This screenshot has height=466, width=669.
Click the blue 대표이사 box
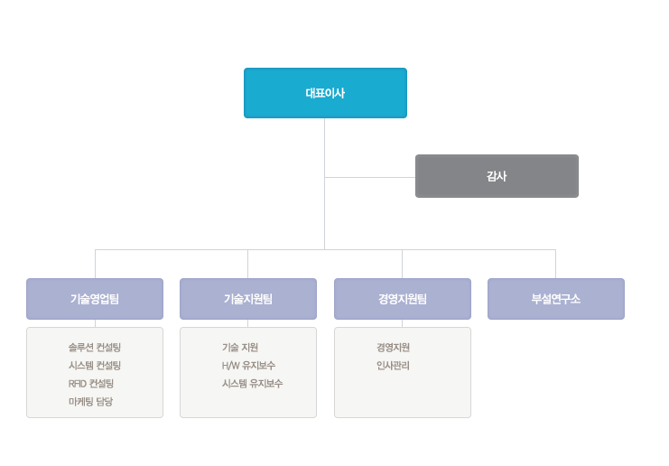(x=325, y=93)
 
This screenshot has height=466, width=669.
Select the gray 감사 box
(x=497, y=176)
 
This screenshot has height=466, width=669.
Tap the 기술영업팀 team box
(x=95, y=299)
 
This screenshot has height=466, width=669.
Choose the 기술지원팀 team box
(x=248, y=299)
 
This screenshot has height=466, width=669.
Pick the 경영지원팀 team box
(x=403, y=299)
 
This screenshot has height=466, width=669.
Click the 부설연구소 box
(x=556, y=299)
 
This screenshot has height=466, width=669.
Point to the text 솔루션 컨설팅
(x=95, y=348)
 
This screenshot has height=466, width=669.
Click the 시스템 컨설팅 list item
(x=95, y=365)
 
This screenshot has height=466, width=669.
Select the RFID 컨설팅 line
(x=91, y=383)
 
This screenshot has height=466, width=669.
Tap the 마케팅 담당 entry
(x=90, y=401)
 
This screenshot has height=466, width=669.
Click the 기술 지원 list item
(x=240, y=348)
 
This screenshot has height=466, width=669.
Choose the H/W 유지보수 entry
(x=248, y=365)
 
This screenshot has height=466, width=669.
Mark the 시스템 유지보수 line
(x=252, y=383)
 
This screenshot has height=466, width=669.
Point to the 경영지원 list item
(x=393, y=348)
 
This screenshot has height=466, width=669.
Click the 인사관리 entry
(x=393, y=365)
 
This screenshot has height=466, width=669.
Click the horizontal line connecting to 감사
(x=370, y=177)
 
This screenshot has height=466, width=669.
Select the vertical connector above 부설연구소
(x=555, y=264)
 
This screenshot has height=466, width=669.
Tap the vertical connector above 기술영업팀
(x=95, y=264)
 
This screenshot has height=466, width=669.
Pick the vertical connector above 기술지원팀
(x=248, y=264)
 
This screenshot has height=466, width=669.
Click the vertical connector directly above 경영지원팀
(x=402, y=264)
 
